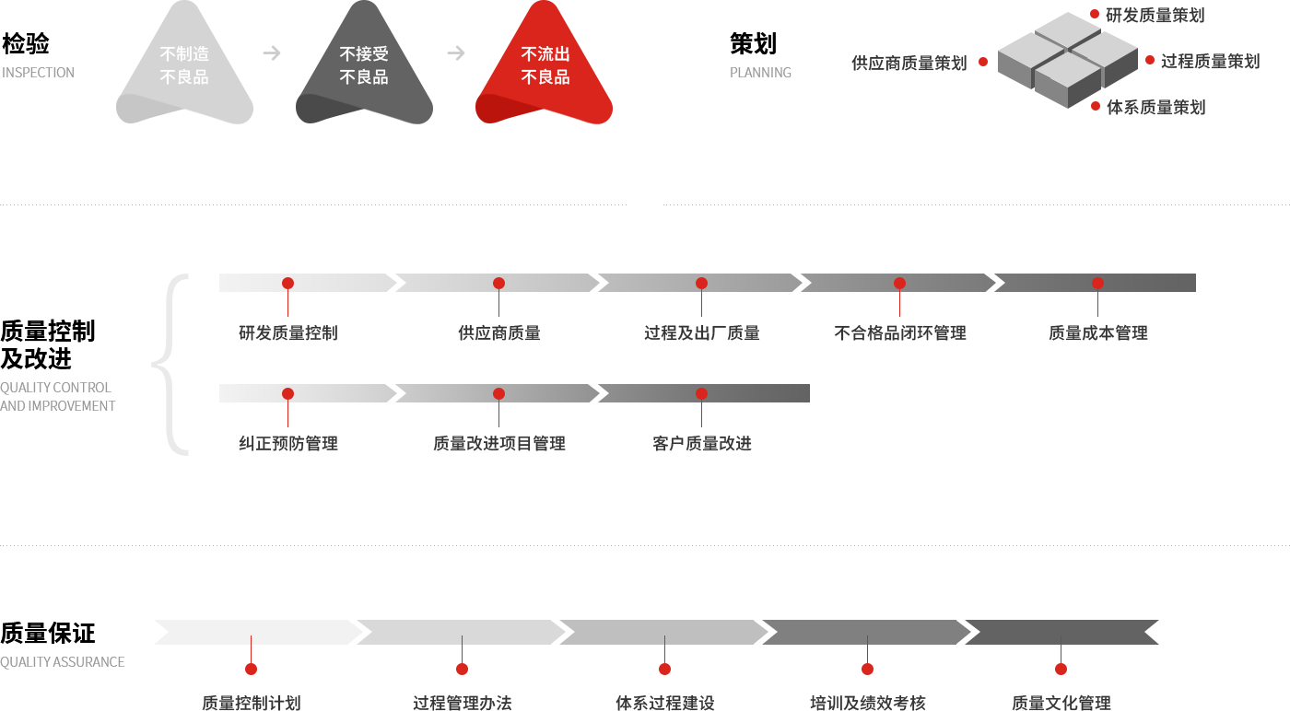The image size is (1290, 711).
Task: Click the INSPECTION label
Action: pos(38,73)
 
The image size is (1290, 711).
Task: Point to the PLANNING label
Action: pos(760,73)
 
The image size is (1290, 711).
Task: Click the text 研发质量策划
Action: pos(1155,16)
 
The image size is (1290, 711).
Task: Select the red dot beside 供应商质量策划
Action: pos(983,62)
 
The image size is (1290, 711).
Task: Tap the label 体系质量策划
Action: pos(1155,108)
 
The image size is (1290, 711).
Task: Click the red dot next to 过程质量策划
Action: pos(1150,60)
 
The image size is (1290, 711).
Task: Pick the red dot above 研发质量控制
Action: pos(287,283)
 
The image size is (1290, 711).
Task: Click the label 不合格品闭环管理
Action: pos(899,333)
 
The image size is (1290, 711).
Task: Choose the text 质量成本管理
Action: pos(1097,333)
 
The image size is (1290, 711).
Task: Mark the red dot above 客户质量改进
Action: pos(701,393)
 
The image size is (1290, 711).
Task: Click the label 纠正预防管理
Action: pos(287,444)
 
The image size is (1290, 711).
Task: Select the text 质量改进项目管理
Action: pos(498,444)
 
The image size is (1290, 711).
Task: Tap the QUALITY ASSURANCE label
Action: pos(63,662)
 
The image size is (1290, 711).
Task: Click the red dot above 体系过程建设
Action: pos(664,669)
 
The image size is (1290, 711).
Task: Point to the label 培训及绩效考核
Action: pos(867,703)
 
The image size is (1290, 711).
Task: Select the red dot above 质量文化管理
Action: pos(1061,669)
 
